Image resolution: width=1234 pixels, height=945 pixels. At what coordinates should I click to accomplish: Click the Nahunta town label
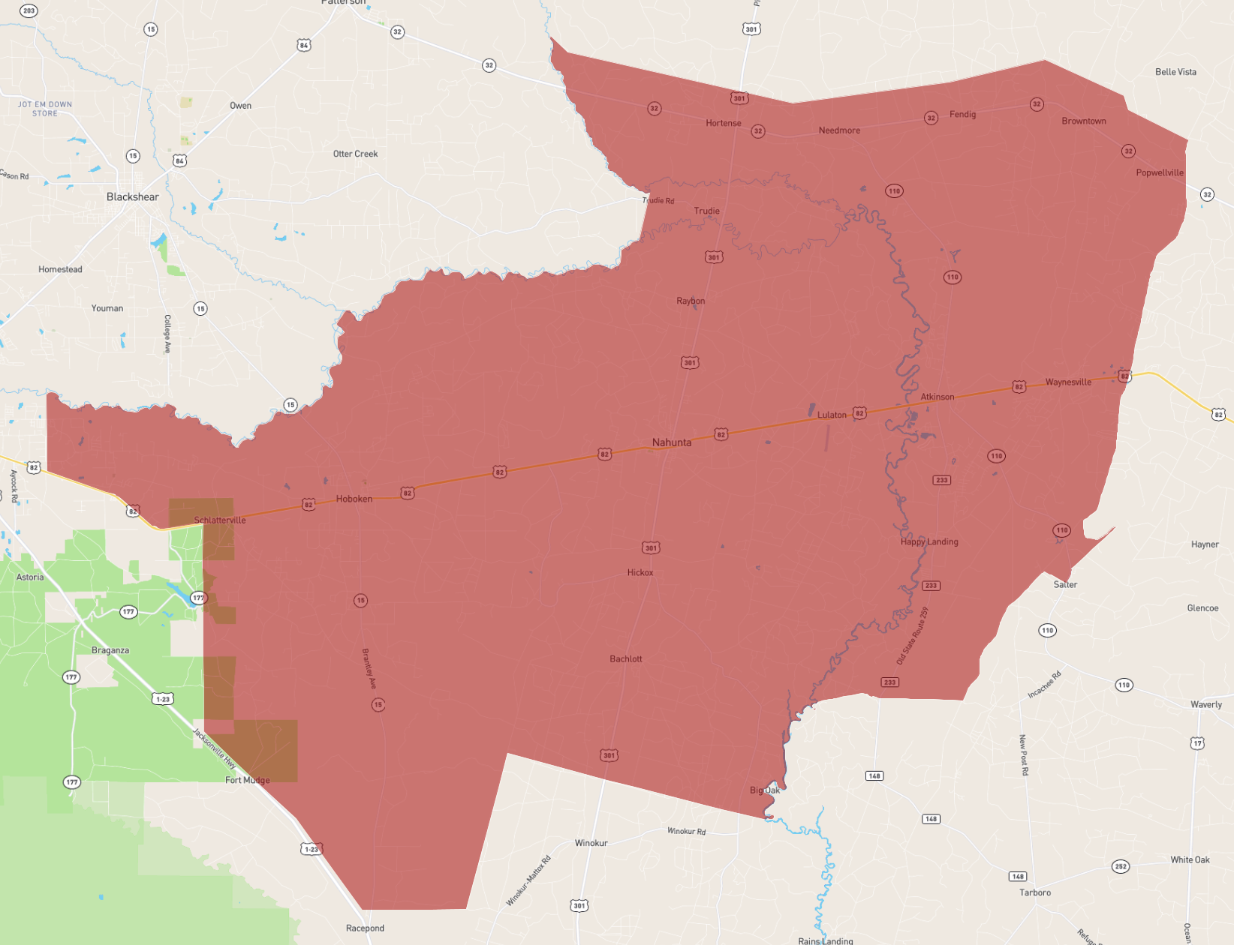(672, 442)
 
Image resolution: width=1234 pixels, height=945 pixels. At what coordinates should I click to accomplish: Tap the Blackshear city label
(133, 197)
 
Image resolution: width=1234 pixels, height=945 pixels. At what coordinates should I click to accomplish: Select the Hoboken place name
(354, 499)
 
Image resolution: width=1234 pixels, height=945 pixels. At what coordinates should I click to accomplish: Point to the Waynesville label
(1068, 382)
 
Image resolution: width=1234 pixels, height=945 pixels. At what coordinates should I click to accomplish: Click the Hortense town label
(724, 123)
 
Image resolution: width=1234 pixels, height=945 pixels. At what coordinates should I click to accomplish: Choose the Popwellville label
(1160, 172)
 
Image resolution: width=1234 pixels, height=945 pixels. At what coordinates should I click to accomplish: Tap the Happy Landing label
(929, 541)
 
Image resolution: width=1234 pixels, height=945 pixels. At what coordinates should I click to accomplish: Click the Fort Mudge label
(248, 780)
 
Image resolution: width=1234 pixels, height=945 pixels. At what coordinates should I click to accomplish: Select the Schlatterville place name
(220, 520)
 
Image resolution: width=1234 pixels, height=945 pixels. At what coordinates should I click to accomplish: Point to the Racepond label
(365, 928)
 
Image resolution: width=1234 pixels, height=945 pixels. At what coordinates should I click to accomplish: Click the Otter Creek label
(356, 154)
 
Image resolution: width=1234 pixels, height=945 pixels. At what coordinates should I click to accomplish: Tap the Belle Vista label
(1175, 72)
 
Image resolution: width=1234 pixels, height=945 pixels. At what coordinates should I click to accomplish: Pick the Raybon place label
(691, 301)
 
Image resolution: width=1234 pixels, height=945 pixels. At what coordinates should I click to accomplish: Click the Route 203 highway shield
(29, 10)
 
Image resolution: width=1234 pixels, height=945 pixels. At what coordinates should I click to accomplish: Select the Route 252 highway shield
(1121, 866)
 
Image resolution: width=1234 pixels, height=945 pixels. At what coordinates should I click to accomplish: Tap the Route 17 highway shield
(1197, 743)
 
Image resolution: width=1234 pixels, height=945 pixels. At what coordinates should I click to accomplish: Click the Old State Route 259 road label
(913, 636)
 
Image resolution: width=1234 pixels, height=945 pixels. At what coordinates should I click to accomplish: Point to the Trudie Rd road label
(658, 200)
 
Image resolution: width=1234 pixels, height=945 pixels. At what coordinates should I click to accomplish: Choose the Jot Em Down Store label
(45, 109)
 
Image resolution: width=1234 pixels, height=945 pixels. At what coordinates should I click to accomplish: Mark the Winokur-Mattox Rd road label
(528, 880)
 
